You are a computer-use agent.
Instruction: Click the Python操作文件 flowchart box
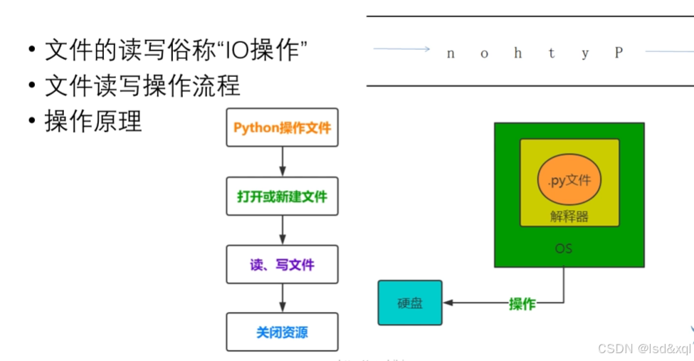(x=282, y=127)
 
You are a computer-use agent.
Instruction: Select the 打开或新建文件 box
(x=282, y=197)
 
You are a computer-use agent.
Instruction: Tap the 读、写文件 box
(x=282, y=265)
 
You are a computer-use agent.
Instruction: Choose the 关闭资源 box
(x=282, y=332)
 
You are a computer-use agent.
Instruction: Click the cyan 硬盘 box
(x=409, y=303)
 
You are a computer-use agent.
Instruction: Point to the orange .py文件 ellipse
(x=569, y=180)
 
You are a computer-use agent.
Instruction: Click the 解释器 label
(x=569, y=216)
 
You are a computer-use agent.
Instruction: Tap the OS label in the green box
(x=563, y=249)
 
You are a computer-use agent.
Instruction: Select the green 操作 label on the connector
(x=522, y=304)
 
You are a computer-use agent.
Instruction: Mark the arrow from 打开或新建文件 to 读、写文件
(x=283, y=230)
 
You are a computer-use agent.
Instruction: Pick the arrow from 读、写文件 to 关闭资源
(x=283, y=298)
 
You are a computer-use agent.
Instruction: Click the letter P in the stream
(x=619, y=53)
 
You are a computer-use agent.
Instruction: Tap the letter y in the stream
(x=585, y=54)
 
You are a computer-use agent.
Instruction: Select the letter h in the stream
(x=518, y=53)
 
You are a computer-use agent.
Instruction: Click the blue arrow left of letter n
(x=401, y=49)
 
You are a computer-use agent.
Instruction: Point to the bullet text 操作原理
(x=93, y=121)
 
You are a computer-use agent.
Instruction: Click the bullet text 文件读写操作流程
(x=142, y=86)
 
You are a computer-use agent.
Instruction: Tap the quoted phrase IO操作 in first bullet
(x=263, y=51)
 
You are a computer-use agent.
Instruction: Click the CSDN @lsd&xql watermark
(x=643, y=348)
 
